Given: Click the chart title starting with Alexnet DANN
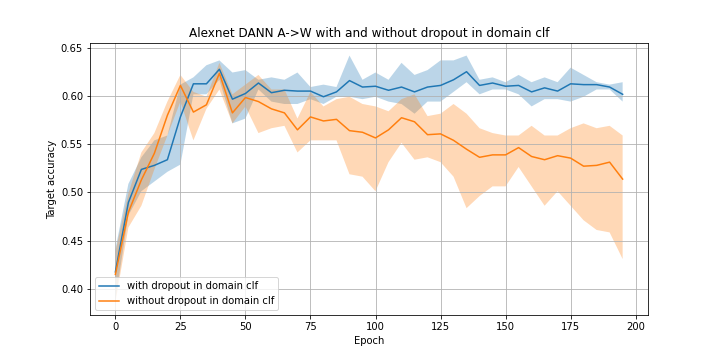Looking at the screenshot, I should click(x=369, y=33).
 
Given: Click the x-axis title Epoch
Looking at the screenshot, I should click(x=369, y=340).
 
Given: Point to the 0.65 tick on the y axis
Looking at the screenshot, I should click(x=71, y=48).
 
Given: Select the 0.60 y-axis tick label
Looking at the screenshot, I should click(x=71, y=96).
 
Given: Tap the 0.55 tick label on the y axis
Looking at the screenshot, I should click(x=71, y=144).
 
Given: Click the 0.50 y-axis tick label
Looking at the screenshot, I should click(x=71, y=192).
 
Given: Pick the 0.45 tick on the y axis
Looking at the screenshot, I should click(x=71, y=241).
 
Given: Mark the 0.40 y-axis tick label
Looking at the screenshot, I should click(x=71, y=289).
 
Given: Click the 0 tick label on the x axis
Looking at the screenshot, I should click(x=115, y=325).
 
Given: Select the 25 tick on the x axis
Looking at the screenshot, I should click(x=180, y=325).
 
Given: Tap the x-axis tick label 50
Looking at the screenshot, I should click(x=245, y=325).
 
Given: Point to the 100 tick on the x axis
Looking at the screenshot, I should click(x=375, y=325).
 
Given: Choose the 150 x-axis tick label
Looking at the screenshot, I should click(x=505, y=325).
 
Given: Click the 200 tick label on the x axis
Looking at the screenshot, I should click(x=635, y=325).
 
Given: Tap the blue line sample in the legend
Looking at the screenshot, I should click(x=109, y=286).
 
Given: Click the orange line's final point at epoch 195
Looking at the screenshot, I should click(x=622, y=179).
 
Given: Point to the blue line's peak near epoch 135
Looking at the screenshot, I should click(x=466, y=71).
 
